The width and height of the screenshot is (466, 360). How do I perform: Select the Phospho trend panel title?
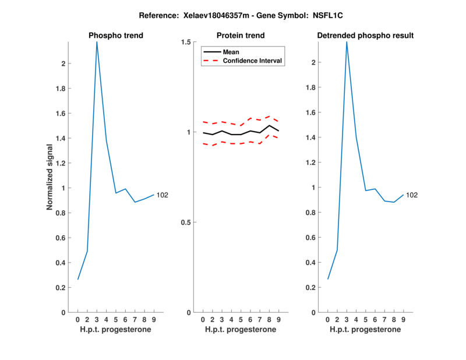click(x=116, y=36)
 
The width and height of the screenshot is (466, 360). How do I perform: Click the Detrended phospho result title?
click(x=365, y=36)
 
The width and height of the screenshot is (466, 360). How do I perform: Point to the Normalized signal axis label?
click(x=50, y=177)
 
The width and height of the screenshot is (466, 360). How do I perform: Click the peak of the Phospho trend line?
click(x=97, y=42)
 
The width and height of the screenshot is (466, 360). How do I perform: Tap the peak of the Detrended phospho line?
click(x=347, y=42)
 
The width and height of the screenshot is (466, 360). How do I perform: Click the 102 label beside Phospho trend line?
click(x=162, y=195)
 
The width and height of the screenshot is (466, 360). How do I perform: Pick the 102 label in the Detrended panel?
click(x=412, y=195)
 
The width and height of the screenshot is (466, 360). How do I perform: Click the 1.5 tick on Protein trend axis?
click(x=187, y=43)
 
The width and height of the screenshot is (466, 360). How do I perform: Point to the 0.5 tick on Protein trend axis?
click(x=187, y=223)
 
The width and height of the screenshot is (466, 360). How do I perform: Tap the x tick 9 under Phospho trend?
click(x=154, y=320)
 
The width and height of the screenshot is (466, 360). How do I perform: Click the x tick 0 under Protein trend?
click(x=203, y=320)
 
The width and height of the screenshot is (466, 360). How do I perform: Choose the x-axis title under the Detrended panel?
click(x=365, y=330)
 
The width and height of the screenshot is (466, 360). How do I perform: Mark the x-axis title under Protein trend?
click(x=241, y=330)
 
